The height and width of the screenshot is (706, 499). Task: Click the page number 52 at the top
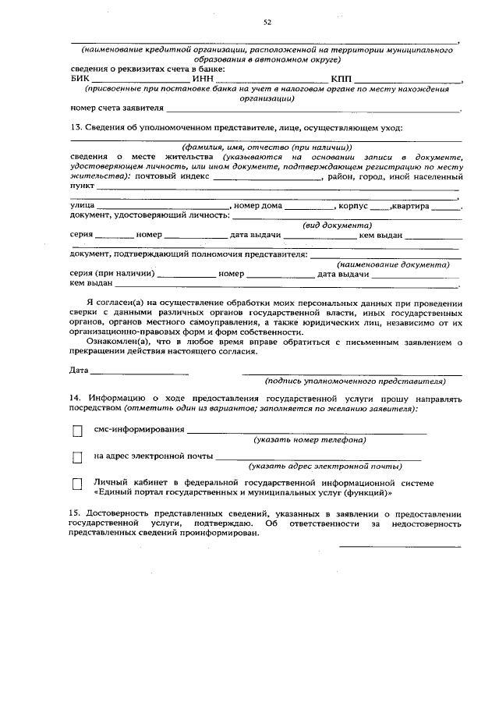tap(267, 23)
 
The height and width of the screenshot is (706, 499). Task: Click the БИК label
tap(80, 78)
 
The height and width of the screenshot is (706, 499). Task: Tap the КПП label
tap(342, 78)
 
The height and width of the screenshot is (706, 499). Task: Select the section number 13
tap(76, 127)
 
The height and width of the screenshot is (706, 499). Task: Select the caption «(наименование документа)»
tap(393, 264)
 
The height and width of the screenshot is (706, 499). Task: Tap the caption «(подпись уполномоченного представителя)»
tap(355, 381)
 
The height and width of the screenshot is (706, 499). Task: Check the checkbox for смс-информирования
tap(77, 431)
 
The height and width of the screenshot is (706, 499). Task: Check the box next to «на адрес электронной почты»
tap(77, 457)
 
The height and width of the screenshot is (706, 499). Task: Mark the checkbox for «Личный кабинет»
tap(77, 484)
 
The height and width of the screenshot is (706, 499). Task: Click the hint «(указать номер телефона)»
tap(310, 440)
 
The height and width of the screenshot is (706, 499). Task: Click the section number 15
tap(76, 515)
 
